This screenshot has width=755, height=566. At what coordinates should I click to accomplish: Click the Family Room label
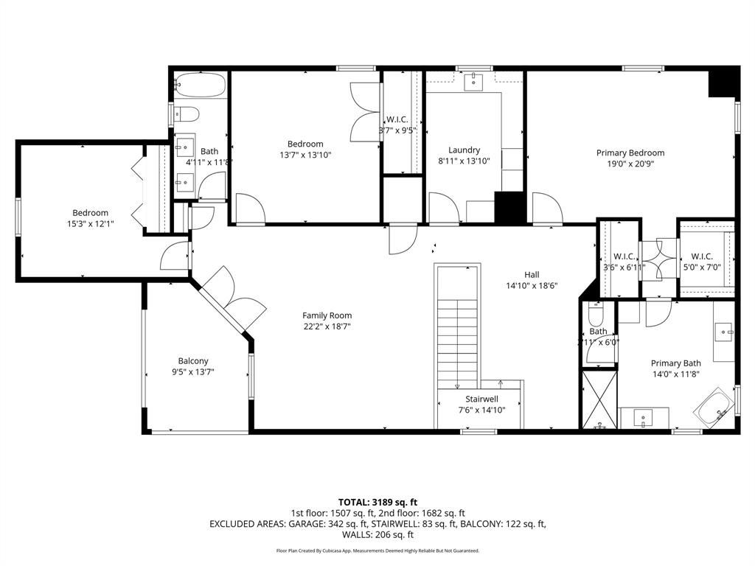(327, 315)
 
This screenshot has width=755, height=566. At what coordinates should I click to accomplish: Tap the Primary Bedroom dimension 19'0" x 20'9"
(625, 165)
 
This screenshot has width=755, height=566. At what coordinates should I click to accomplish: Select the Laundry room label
(464, 150)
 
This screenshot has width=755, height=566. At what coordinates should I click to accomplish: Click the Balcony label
(192, 360)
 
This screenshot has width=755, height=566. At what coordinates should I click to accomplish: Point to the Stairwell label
(480, 399)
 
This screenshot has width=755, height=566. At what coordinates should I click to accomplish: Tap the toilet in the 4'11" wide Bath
(186, 114)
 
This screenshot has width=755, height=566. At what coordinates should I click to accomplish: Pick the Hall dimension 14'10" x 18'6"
(531, 286)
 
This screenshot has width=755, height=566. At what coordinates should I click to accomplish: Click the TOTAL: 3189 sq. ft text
(377, 502)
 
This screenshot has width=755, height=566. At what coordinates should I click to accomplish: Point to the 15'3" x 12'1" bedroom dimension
(90, 224)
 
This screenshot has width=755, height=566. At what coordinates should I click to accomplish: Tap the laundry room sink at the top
(472, 81)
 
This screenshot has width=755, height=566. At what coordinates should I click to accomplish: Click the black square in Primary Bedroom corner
(723, 83)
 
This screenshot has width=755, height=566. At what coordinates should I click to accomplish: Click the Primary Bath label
(675, 363)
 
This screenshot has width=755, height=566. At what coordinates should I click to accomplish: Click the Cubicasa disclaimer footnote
(377, 551)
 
